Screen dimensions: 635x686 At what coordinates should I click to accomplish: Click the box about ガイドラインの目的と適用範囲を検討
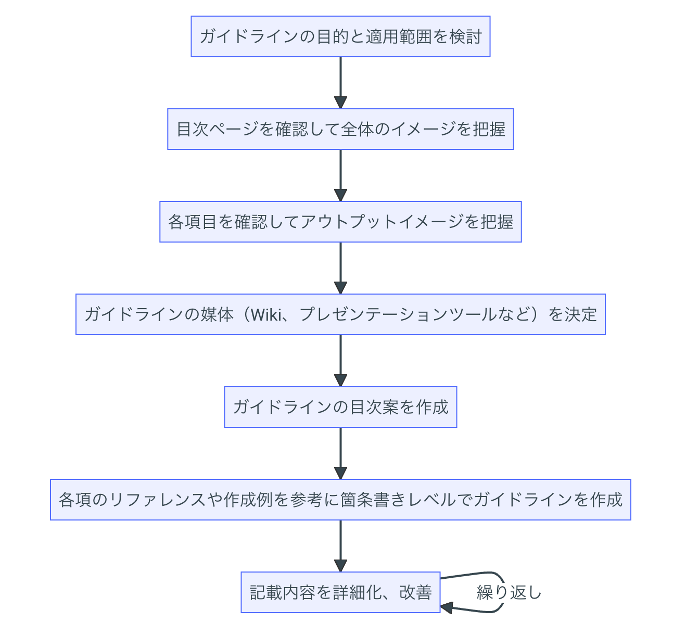tap(340, 36)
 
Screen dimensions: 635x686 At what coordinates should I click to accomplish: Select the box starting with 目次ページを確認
tap(340, 129)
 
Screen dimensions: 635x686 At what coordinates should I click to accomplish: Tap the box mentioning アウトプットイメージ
tap(340, 222)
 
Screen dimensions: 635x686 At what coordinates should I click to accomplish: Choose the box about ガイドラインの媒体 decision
tap(340, 314)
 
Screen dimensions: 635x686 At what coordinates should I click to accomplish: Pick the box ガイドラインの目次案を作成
tap(340, 407)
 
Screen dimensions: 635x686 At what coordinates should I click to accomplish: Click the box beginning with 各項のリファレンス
tap(340, 500)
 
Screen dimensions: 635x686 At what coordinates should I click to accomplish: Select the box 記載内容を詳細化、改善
tap(340, 592)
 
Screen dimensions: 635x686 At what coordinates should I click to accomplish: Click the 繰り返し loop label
tap(509, 592)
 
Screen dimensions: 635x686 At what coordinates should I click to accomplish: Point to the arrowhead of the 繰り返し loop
tap(447, 607)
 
